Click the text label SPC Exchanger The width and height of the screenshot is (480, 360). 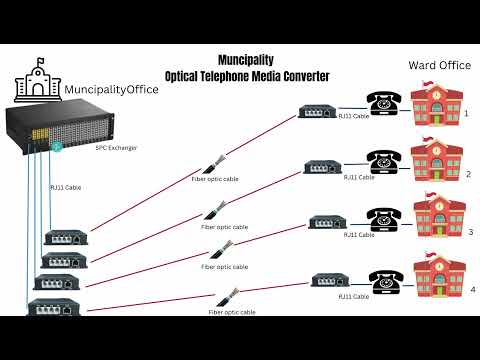(116, 148)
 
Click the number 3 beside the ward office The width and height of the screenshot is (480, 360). (468, 231)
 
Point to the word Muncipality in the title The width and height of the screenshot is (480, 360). (246, 60)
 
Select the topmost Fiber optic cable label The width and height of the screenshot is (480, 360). (216, 178)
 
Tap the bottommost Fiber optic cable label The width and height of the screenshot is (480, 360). (232, 312)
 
